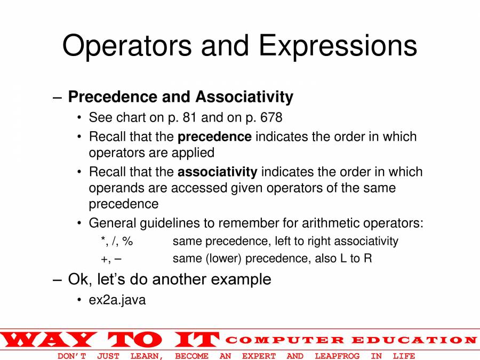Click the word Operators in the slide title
tap(127, 46)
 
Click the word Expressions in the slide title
tap(338, 46)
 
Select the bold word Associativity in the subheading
tap(244, 97)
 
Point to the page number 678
tap(271, 117)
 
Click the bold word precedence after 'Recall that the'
tap(214, 137)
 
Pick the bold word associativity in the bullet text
tap(218, 172)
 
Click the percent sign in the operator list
tap(127, 241)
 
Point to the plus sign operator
tap(104, 259)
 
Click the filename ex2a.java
tap(117, 300)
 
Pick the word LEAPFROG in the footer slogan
tap(337, 356)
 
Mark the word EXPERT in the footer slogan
tap(259, 356)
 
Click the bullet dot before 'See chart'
tap(79, 117)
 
